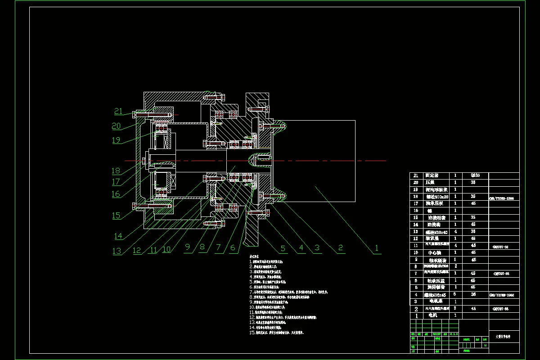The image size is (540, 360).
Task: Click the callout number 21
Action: tap(118, 112)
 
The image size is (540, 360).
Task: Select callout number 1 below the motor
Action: tap(377, 247)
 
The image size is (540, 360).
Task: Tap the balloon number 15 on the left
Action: tap(117, 216)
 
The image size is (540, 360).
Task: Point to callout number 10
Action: tap(166, 249)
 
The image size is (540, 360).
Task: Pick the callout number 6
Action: tap(233, 248)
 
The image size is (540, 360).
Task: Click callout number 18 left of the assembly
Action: tap(116, 171)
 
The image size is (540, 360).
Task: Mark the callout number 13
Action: tap(117, 251)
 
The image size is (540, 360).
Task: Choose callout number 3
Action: tap(317, 247)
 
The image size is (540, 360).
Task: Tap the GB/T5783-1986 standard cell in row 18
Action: tap(504, 198)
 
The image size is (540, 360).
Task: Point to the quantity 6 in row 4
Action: tap(455, 294)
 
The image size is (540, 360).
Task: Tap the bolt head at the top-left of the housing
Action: tap(135, 114)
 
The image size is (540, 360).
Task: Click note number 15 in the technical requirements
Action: tap(252, 333)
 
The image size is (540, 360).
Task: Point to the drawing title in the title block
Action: tap(504, 336)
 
